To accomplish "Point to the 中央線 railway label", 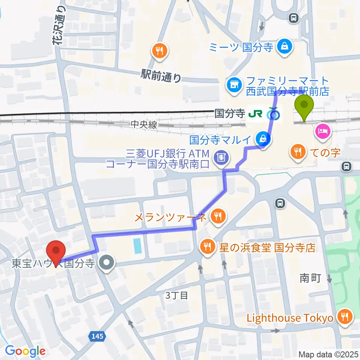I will point(144,125).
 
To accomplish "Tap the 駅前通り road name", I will point(161,75).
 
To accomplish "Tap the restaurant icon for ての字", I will point(298,151).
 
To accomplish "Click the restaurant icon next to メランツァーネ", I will point(217,216).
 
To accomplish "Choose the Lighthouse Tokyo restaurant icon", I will point(343,317).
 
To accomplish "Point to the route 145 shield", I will point(97,337).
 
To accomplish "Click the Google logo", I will point(25,351).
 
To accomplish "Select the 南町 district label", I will point(310,278).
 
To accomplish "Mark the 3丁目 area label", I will point(177,295).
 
